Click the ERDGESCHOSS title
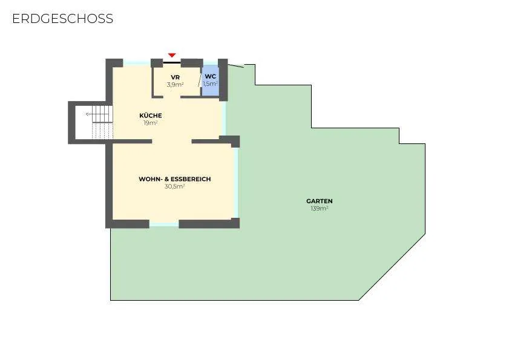(x=63, y=19)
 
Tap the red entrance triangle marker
(x=172, y=56)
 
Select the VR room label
(x=176, y=77)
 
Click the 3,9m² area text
(x=176, y=85)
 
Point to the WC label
(x=211, y=77)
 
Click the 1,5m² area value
(x=210, y=83)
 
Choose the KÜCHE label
(x=151, y=115)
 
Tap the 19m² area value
(x=151, y=123)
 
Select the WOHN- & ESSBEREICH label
(x=175, y=179)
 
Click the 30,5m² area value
(x=175, y=186)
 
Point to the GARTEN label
(x=320, y=201)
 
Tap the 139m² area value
(x=320, y=208)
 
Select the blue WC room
(x=210, y=80)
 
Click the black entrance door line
(x=172, y=62)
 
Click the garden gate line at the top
(x=235, y=66)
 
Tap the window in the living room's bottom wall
(x=164, y=224)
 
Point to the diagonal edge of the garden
(x=392, y=267)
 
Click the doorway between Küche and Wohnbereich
(x=172, y=141)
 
